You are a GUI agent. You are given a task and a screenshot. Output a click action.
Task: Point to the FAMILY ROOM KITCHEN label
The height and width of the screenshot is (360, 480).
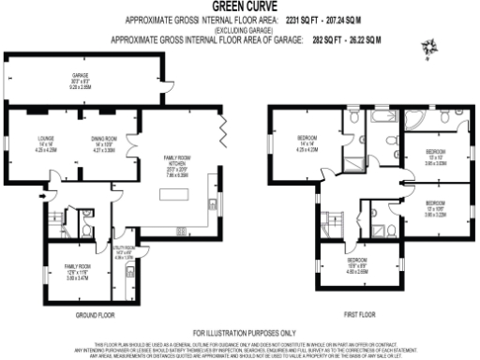point(176,164)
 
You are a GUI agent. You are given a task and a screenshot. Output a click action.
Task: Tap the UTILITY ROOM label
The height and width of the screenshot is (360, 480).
point(125,249)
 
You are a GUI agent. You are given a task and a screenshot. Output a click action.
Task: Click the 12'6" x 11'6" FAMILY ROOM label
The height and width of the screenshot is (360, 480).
point(65,273)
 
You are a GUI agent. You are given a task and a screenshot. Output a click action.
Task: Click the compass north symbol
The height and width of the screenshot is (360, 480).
point(429,44)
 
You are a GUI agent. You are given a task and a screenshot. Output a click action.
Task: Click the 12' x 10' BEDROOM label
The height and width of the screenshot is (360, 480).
point(434,156)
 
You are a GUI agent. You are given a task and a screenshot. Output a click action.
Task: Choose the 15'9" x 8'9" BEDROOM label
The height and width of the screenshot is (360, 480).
point(357,265)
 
